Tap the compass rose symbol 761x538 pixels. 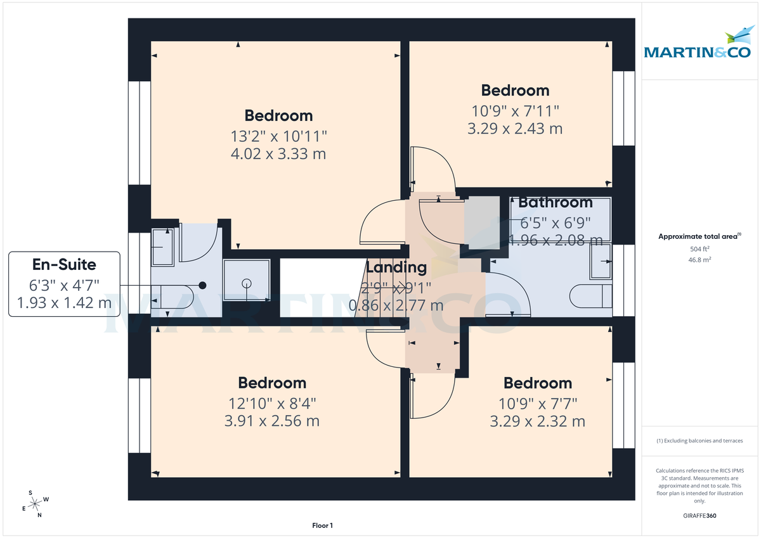[37, 503]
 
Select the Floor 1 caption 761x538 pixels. [322, 525]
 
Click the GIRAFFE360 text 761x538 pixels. [701, 516]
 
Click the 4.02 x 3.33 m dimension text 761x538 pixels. [279, 153]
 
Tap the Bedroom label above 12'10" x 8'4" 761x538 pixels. [272, 383]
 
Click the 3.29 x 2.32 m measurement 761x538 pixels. [537, 421]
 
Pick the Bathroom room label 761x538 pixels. [555, 203]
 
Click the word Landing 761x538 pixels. [396, 267]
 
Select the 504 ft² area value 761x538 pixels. [701, 249]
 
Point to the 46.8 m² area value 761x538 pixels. [701, 260]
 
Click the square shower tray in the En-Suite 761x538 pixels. [247, 283]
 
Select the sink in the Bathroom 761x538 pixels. [601, 261]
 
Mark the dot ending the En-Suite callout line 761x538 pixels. [202, 286]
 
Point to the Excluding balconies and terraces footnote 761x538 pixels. [699, 440]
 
